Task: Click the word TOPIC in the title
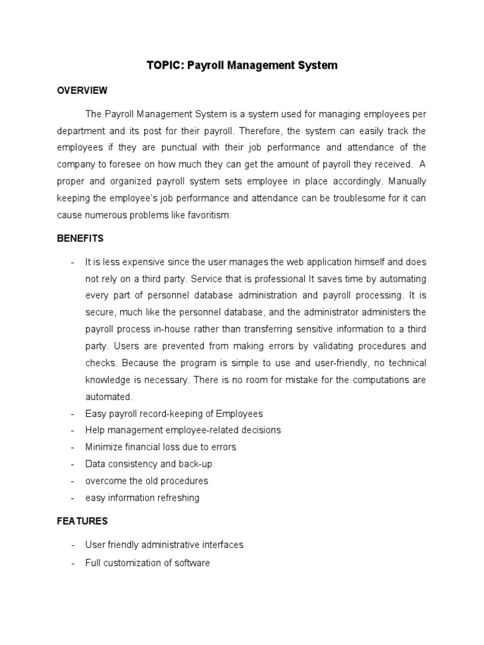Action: [x=163, y=66]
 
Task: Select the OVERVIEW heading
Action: [x=82, y=91]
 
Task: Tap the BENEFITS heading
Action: [x=80, y=239]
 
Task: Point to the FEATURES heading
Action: [x=82, y=521]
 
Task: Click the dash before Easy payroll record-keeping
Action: [x=73, y=414]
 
